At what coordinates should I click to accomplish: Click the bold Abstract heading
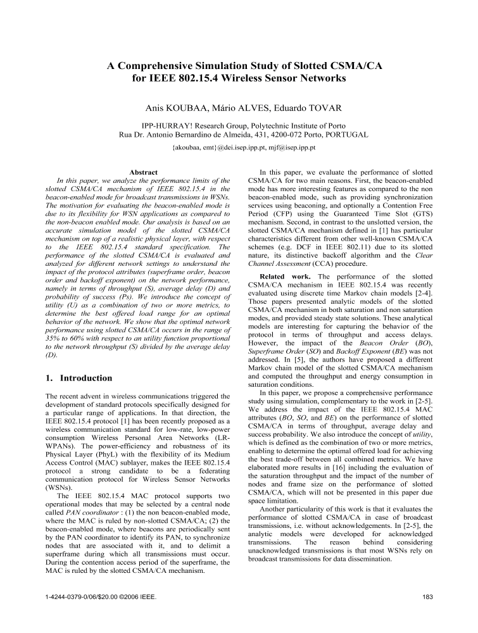pyautogui.click(x=143, y=172)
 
